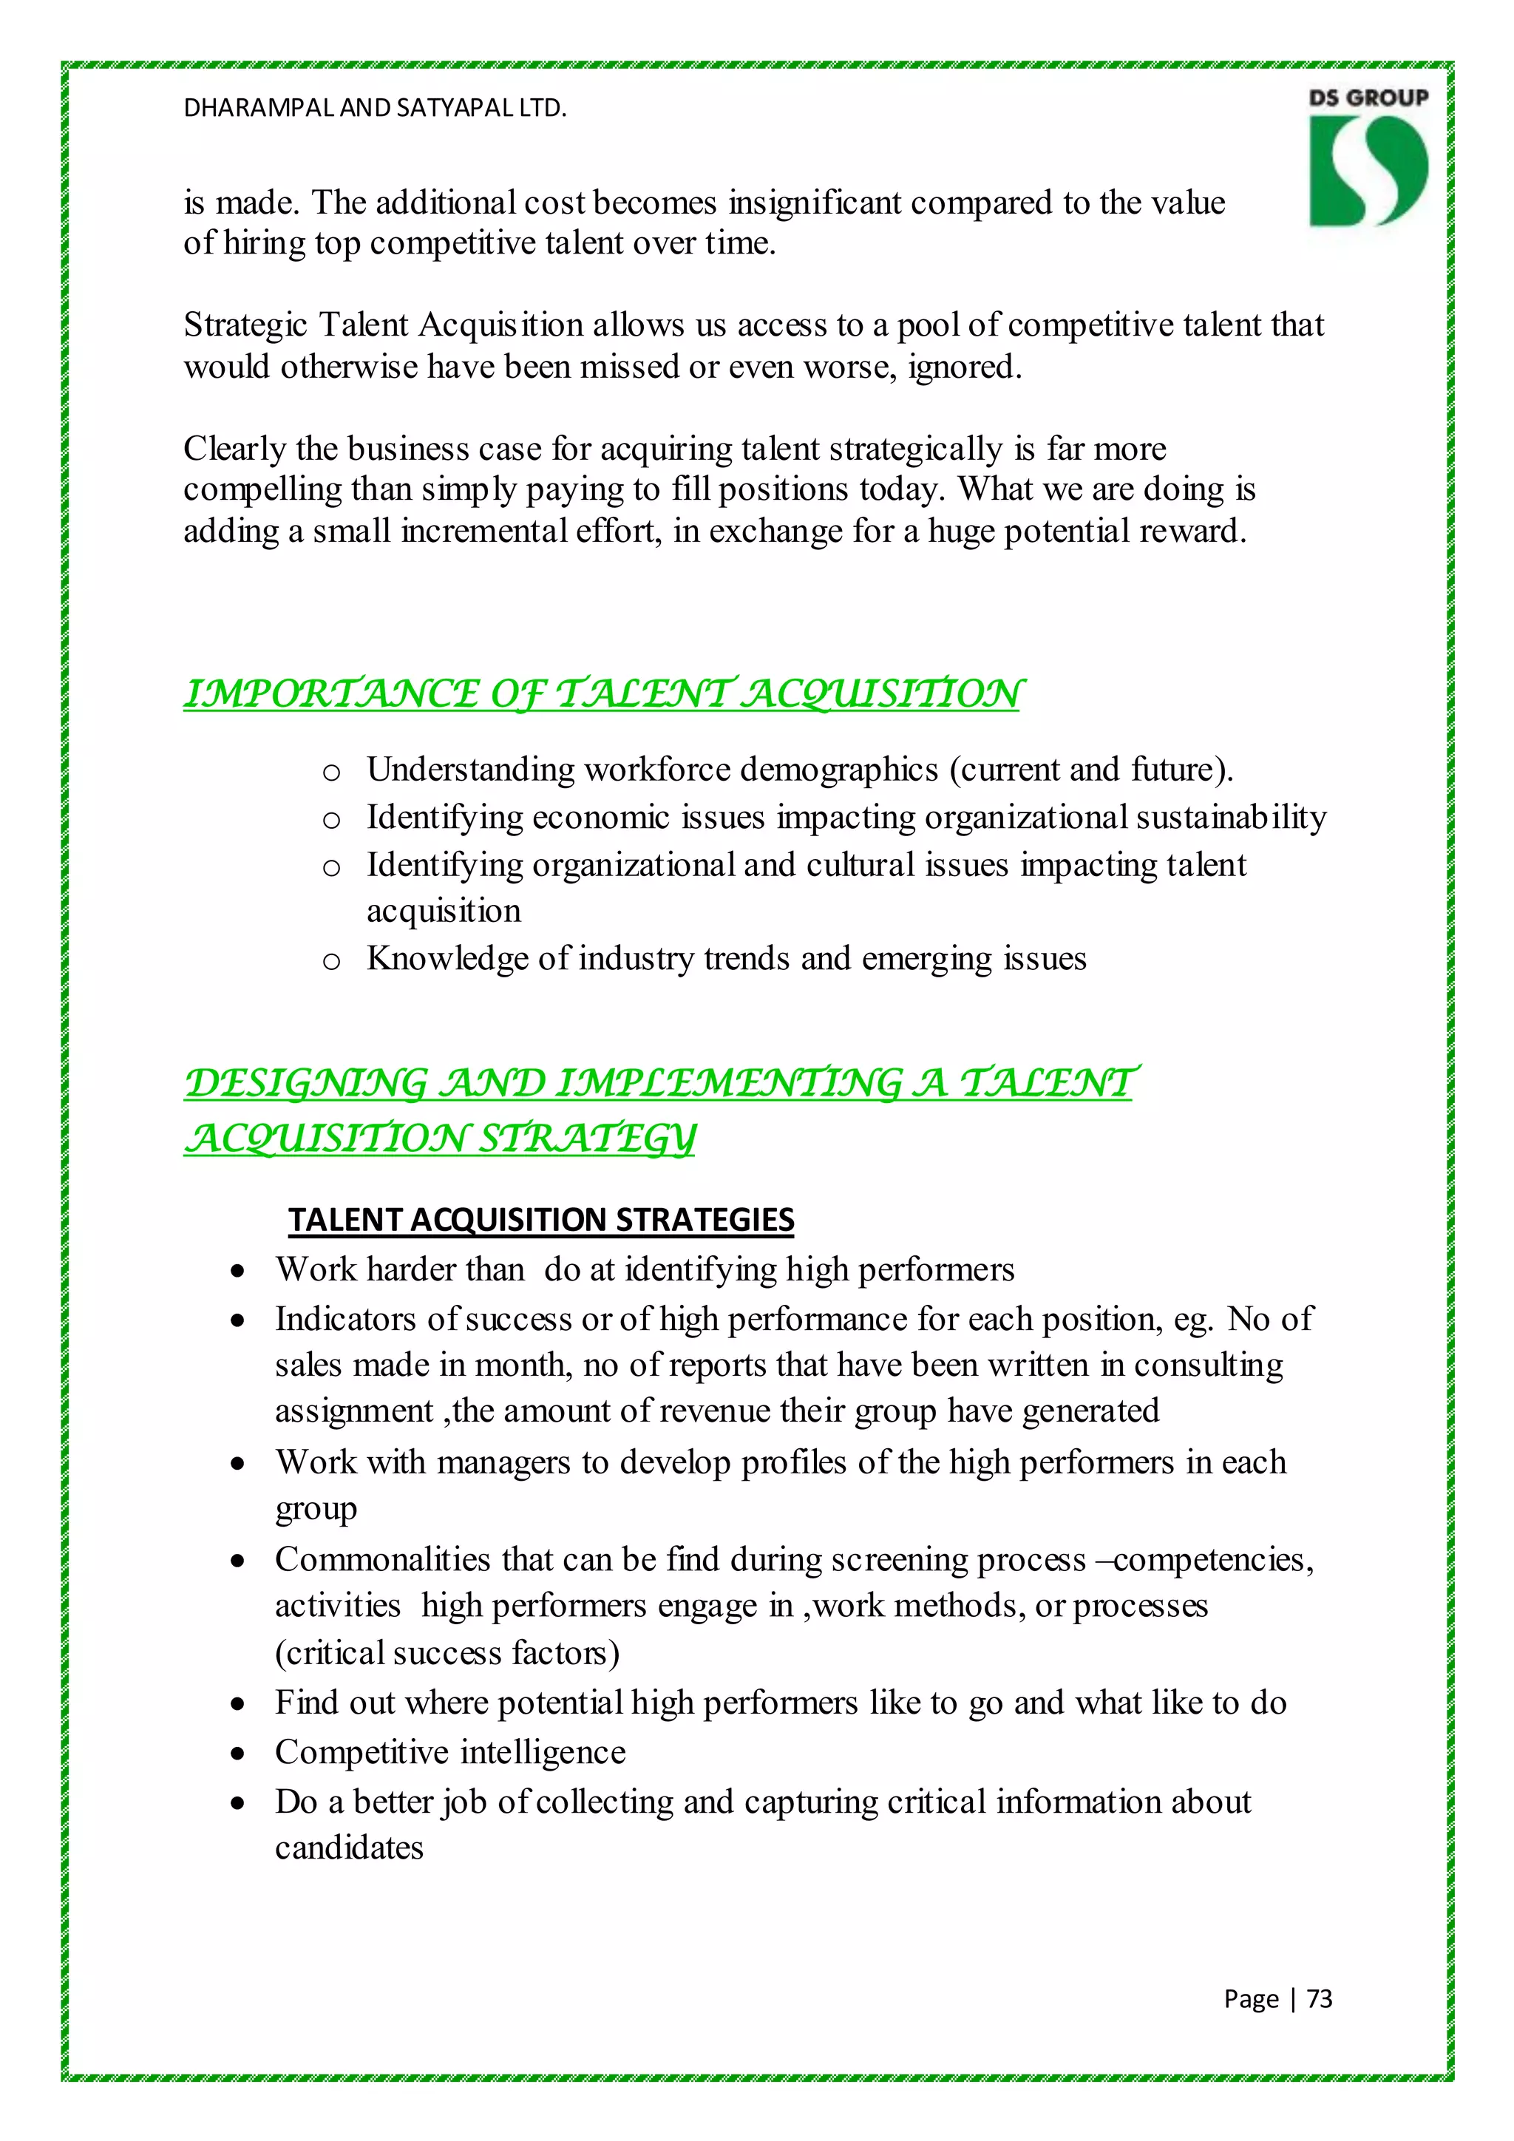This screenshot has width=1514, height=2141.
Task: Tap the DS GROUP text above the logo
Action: pos(1368,98)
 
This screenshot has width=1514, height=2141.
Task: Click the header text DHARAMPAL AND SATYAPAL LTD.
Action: pos(375,108)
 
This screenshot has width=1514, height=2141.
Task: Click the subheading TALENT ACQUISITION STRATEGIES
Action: pos(540,1220)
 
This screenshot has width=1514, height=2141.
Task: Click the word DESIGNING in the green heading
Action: pos(306,1084)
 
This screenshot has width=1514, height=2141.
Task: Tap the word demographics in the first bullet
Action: pos(838,770)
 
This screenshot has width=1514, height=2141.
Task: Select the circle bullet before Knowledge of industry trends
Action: pos(331,960)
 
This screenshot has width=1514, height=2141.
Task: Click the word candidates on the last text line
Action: pos(349,1847)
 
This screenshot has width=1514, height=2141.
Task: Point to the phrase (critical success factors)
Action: pos(447,1652)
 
